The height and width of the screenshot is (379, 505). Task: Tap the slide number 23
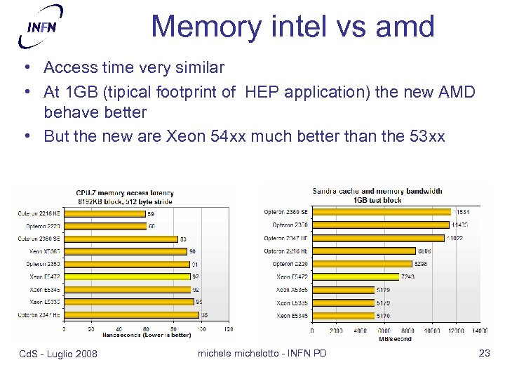484,353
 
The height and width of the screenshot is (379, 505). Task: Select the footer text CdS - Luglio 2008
58,353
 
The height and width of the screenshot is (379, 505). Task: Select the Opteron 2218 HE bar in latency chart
105,213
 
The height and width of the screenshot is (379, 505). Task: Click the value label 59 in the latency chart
151,213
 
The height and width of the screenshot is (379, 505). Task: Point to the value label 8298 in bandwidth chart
421,264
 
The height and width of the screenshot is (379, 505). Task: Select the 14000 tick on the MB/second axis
479,331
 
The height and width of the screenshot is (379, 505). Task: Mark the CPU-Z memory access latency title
125,193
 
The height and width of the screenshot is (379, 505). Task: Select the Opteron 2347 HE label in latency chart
39,315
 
